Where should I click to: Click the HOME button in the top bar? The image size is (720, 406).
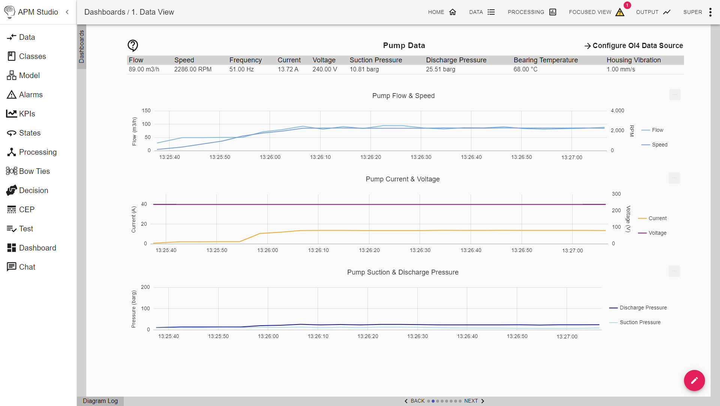(442, 12)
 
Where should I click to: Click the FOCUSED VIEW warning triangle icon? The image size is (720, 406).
(619, 12)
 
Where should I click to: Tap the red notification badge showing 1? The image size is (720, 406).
(627, 5)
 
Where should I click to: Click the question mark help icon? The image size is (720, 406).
(133, 45)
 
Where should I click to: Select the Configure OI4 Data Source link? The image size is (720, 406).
(633, 45)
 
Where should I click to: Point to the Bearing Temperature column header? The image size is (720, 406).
(545, 60)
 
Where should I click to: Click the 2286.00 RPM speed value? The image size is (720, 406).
(193, 69)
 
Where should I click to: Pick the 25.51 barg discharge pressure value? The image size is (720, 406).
(440, 69)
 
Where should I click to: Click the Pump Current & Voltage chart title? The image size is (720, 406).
(402, 179)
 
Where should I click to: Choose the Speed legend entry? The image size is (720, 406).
(659, 145)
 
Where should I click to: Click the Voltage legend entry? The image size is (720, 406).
(657, 233)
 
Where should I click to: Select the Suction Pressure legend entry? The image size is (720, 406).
(640, 322)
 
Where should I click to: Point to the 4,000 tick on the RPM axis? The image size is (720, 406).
(617, 110)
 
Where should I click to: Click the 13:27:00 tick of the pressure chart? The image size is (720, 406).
(567, 337)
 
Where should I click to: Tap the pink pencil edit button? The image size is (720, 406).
(694, 380)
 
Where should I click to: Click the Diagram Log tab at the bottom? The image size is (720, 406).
(100, 401)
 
